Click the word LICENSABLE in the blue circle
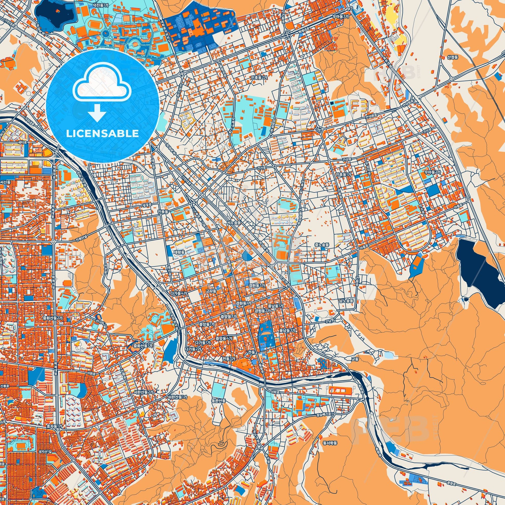click(102, 133)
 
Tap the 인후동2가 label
click(259, 78)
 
